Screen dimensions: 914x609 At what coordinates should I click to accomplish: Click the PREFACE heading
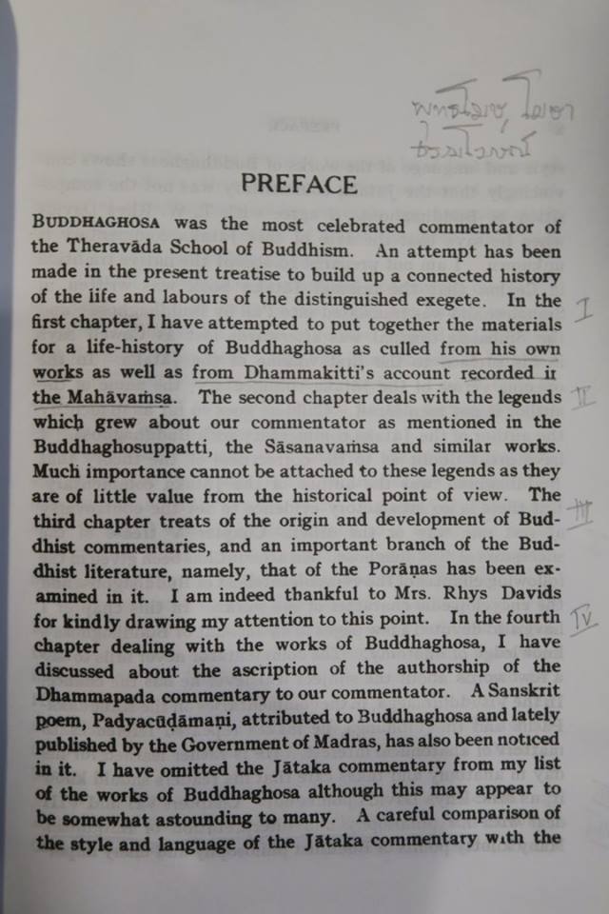pos(299,184)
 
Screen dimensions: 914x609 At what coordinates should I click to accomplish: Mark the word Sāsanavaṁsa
pos(349,446)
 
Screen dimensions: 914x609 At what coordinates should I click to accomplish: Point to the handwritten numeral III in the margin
pos(580,514)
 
